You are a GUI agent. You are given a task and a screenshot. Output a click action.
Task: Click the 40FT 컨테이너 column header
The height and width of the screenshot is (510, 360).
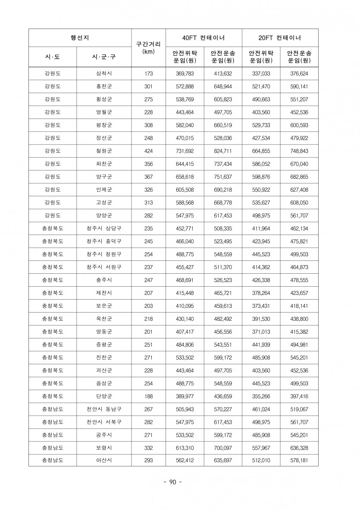[x=203, y=38]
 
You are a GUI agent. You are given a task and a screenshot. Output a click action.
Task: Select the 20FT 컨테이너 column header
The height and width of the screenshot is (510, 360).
[x=279, y=38]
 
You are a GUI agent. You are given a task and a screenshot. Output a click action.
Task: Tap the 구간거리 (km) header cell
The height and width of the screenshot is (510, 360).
[x=148, y=47]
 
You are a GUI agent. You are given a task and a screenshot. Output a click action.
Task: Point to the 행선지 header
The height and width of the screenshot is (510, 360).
[x=80, y=38]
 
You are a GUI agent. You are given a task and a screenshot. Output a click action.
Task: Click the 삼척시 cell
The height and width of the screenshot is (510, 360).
[x=104, y=74]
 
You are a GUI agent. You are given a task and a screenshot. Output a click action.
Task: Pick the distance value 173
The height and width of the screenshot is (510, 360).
[x=148, y=74]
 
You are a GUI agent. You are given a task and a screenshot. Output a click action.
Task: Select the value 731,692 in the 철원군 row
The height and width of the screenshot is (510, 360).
[x=185, y=151]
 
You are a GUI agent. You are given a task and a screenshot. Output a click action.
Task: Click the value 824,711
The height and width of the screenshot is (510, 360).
[x=222, y=151]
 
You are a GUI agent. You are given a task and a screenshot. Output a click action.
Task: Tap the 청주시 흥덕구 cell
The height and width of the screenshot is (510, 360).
[x=104, y=241]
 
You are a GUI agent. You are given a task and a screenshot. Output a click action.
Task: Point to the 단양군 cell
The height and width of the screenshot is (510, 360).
[x=104, y=396]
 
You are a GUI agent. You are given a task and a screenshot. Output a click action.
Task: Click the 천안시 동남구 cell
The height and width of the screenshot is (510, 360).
[x=104, y=409]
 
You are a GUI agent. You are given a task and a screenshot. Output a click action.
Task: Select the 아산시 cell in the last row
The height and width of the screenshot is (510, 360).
[x=104, y=460]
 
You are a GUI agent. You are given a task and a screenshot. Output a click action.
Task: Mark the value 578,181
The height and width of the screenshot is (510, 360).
[x=299, y=460]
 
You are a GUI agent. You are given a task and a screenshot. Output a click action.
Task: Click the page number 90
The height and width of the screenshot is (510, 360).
[x=173, y=482]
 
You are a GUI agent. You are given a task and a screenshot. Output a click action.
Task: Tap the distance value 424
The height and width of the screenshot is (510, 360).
[x=148, y=151]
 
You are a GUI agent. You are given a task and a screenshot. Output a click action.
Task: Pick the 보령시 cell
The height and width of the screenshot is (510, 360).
[x=104, y=447]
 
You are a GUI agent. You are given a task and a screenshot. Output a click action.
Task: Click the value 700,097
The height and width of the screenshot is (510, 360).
[x=222, y=447]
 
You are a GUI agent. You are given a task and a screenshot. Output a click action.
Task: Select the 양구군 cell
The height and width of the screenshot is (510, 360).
[x=104, y=177]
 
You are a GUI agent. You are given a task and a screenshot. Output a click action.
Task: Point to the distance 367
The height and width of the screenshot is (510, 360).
[x=148, y=177]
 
